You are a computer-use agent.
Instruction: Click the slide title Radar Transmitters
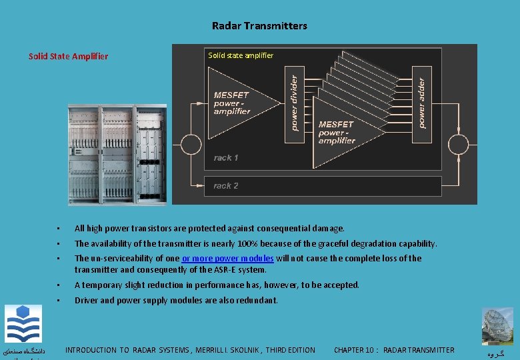click(259, 26)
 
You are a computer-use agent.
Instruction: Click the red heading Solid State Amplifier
click(68, 57)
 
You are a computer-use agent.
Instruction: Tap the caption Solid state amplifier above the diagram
click(241, 55)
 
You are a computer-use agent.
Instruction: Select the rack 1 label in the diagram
click(226, 158)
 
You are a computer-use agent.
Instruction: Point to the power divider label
click(294, 101)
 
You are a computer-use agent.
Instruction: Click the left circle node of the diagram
click(191, 144)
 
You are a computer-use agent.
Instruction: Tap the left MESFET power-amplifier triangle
click(237, 103)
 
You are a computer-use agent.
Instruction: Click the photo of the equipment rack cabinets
click(117, 155)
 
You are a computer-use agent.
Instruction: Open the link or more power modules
click(228, 259)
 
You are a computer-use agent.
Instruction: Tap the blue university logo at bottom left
click(23, 324)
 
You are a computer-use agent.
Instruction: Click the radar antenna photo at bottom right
click(497, 326)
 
